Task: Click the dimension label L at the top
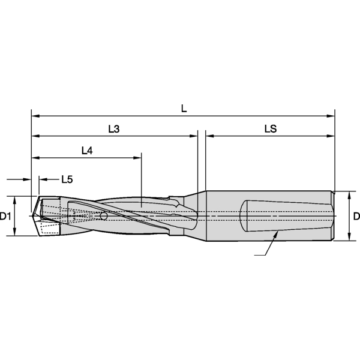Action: tap(184, 108)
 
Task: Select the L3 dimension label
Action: tap(113, 129)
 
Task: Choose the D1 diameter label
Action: tap(6, 217)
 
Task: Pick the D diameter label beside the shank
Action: tap(355, 217)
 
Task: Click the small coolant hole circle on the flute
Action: tap(104, 215)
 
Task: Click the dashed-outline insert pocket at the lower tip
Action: tap(49, 229)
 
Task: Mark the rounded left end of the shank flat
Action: tap(244, 216)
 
